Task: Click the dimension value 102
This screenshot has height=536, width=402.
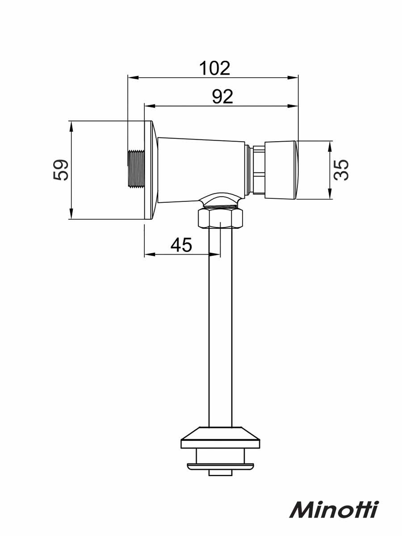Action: click(x=214, y=68)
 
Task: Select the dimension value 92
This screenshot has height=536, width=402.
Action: click(x=222, y=96)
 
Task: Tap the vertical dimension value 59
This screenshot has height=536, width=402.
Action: click(x=61, y=170)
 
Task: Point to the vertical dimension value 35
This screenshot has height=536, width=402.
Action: click(x=341, y=170)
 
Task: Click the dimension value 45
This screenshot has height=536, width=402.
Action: click(x=181, y=245)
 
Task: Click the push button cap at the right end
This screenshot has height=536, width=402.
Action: click(x=282, y=170)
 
